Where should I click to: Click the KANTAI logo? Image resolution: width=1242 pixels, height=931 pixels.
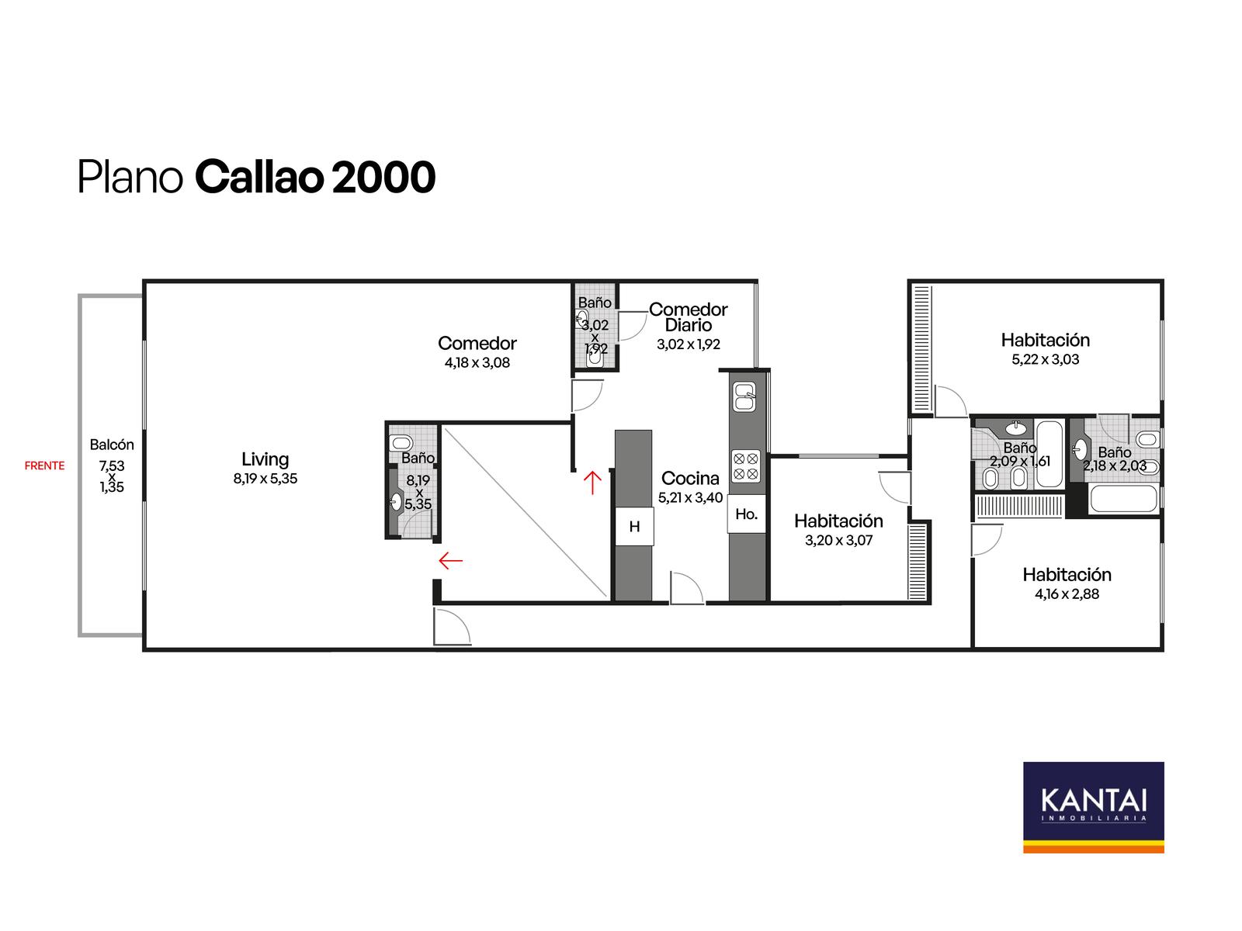pyautogui.click(x=1093, y=807)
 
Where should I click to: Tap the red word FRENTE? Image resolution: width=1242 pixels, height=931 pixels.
pyautogui.click(x=44, y=465)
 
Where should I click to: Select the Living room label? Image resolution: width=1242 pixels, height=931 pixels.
pyautogui.click(x=265, y=459)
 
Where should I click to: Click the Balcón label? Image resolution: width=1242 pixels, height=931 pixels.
pyautogui.click(x=112, y=445)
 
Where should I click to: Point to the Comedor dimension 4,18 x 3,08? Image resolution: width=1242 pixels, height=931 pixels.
pyautogui.click(x=477, y=363)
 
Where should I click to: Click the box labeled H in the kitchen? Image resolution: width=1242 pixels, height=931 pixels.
pyautogui.click(x=634, y=526)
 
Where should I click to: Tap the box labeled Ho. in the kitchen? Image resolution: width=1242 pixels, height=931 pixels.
pyautogui.click(x=746, y=514)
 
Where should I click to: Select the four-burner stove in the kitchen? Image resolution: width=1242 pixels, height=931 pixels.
pyautogui.click(x=746, y=466)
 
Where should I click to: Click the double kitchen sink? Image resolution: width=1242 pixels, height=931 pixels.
pyautogui.click(x=744, y=396)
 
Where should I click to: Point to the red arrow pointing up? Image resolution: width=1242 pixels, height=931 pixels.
pyautogui.click(x=592, y=482)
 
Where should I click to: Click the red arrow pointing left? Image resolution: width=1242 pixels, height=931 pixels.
pyautogui.click(x=450, y=561)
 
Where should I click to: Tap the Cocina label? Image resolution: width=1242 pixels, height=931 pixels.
pyautogui.click(x=690, y=478)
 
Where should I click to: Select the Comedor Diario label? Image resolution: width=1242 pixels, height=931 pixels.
pyautogui.click(x=688, y=317)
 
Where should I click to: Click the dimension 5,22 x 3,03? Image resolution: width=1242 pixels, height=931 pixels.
pyautogui.click(x=1045, y=359)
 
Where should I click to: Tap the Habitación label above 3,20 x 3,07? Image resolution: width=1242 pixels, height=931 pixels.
pyautogui.click(x=838, y=521)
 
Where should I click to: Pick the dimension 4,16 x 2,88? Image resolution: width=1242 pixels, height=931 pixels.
pyautogui.click(x=1067, y=594)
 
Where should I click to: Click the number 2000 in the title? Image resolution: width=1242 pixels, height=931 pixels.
pyautogui.click(x=383, y=177)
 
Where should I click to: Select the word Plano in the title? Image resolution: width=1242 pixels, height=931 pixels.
pyautogui.click(x=130, y=177)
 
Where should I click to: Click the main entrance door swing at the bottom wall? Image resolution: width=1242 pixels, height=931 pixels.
pyautogui.click(x=452, y=626)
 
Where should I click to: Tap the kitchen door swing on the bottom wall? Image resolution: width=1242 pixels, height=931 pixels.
pyautogui.click(x=686, y=588)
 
